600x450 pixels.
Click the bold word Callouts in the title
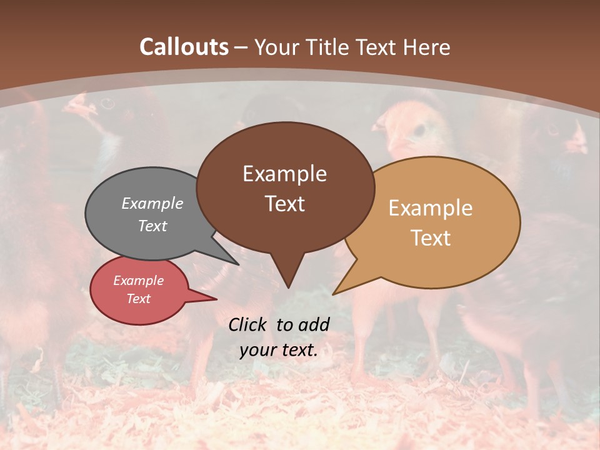(184, 47)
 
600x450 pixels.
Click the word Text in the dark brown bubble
(284, 203)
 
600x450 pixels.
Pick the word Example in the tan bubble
(431, 207)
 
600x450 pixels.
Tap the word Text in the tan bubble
(431, 237)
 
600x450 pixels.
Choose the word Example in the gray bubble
(152, 203)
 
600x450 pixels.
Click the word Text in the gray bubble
(152, 226)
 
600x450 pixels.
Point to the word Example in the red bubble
(139, 281)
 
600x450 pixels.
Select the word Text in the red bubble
(139, 299)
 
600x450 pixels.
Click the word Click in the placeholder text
(247, 324)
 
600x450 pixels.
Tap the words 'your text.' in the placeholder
(279, 350)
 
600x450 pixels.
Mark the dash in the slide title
(241, 47)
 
